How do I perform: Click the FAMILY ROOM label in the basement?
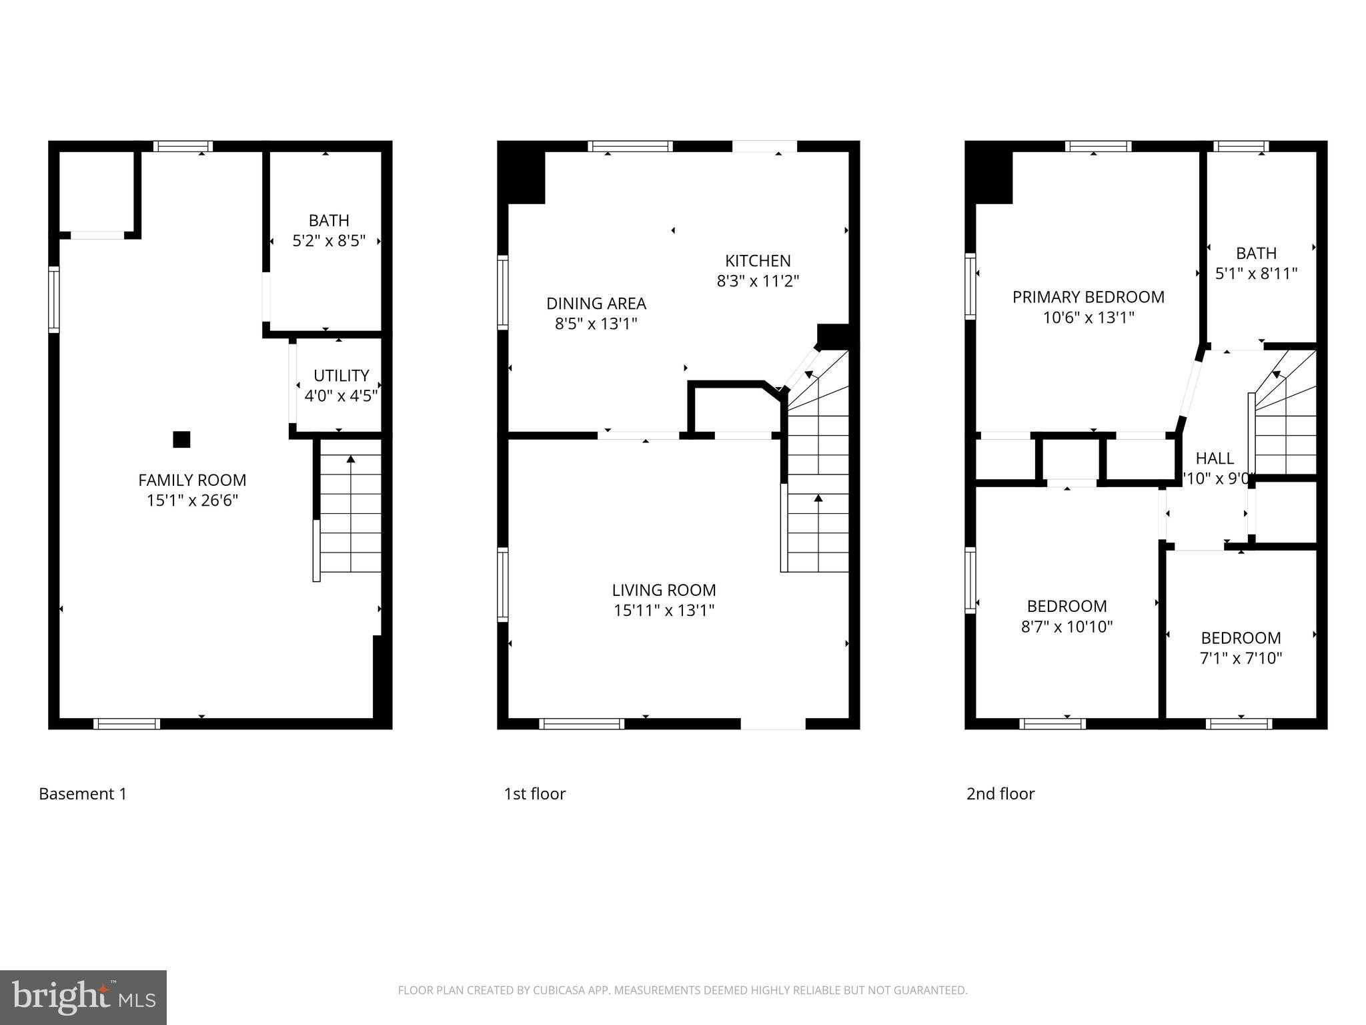click(x=192, y=480)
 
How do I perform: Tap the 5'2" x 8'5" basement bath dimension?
click(x=329, y=241)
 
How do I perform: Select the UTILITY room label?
click(x=341, y=375)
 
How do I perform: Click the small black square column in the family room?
click(x=181, y=439)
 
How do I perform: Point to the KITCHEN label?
click(x=758, y=260)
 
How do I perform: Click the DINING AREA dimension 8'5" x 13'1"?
click(x=596, y=324)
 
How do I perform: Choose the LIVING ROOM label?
click(x=664, y=590)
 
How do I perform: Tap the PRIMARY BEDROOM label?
click(x=1088, y=297)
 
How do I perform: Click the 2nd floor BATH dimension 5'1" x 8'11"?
click(x=1256, y=274)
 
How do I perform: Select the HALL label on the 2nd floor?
click(x=1214, y=458)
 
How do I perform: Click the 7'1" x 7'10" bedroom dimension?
click(x=1241, y=659)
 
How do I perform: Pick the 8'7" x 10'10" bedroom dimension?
click(x=1067, y=627)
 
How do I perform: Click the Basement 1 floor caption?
click(x=83, y=794)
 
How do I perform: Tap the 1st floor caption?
click(x=534, y=794)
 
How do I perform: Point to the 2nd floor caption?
click(x=1000, y=794)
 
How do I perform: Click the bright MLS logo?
click(x=83, y=997)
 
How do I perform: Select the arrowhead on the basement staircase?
click(x=351, y=458)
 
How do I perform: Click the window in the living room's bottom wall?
click(x=582, y=723)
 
